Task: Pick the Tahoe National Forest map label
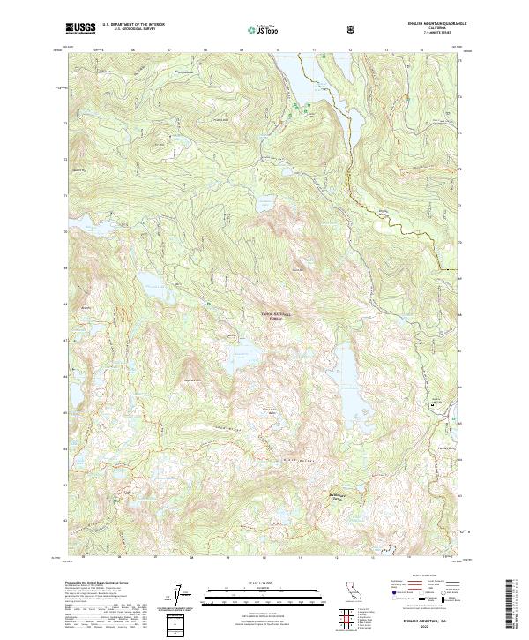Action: pos(276,316)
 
